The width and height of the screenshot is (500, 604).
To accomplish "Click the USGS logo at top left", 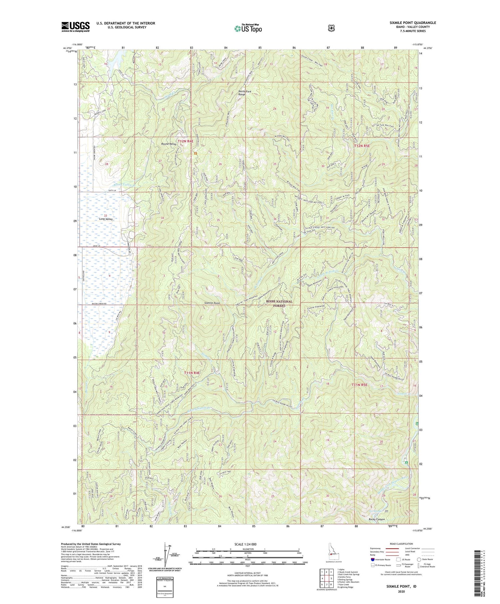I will coord(75,27).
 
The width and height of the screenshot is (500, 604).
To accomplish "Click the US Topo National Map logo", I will coord(248,28).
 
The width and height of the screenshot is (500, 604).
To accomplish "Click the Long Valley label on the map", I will coord(106,219).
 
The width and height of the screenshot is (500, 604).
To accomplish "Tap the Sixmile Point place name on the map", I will coord(212,303).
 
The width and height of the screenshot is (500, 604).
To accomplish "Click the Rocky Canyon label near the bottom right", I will coord(377,519).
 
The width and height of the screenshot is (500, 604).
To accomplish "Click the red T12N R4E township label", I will coord(185,141).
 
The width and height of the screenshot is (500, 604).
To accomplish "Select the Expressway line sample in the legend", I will coord(392,548).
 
